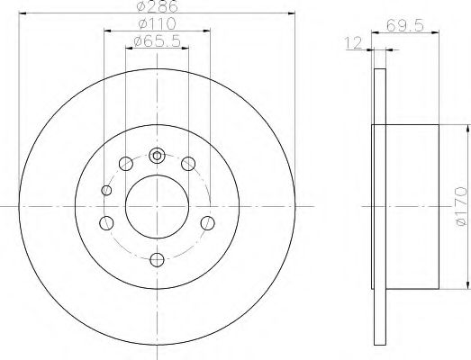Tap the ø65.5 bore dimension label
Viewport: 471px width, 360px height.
click(157, 41)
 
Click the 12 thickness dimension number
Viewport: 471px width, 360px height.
click(355, 41)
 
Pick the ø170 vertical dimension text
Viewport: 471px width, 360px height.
click(459, 207)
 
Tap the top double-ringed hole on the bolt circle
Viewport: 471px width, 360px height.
click(157, 155)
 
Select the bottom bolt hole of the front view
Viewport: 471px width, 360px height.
click(157, 260)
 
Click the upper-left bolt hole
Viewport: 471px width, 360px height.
click(125, 163)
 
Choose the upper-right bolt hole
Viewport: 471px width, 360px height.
click(188, 163)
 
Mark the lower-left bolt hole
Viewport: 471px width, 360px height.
click(107, 224)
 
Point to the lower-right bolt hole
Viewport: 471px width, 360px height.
click(207, 224)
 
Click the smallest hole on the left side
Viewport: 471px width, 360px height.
click(107, 190)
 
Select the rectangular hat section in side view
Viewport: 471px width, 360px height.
click(410, 207)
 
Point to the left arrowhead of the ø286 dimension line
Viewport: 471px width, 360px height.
click(22, 12)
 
